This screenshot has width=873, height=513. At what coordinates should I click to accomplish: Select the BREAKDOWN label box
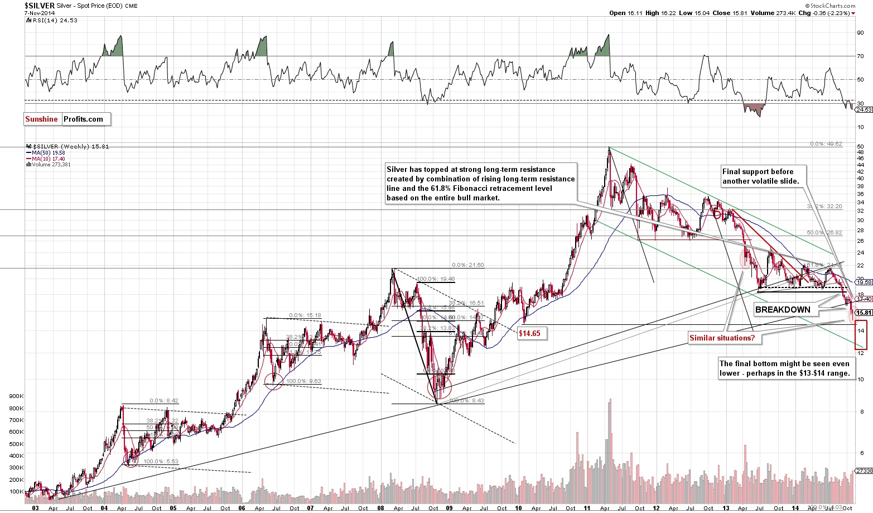click(783, 310)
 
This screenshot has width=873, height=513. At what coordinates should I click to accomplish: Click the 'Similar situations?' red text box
click(722, 338)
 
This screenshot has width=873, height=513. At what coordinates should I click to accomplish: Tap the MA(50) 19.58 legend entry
click(46, 152)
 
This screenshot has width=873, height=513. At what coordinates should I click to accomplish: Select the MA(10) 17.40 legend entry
click(46, 159)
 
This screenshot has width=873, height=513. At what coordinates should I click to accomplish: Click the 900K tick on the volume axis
click(16, 396)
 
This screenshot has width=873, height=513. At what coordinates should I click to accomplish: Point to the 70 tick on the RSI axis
click(861, 56)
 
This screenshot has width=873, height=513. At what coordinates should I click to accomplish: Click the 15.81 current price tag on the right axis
click(864, 313)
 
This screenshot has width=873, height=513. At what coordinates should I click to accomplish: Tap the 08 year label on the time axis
click(380, 508)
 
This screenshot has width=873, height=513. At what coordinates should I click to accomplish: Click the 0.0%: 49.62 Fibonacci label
click(826, 144)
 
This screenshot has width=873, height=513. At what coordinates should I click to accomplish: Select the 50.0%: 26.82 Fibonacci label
click(824, 232)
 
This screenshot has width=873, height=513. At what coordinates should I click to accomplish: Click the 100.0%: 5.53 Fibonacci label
click(161, 462)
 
